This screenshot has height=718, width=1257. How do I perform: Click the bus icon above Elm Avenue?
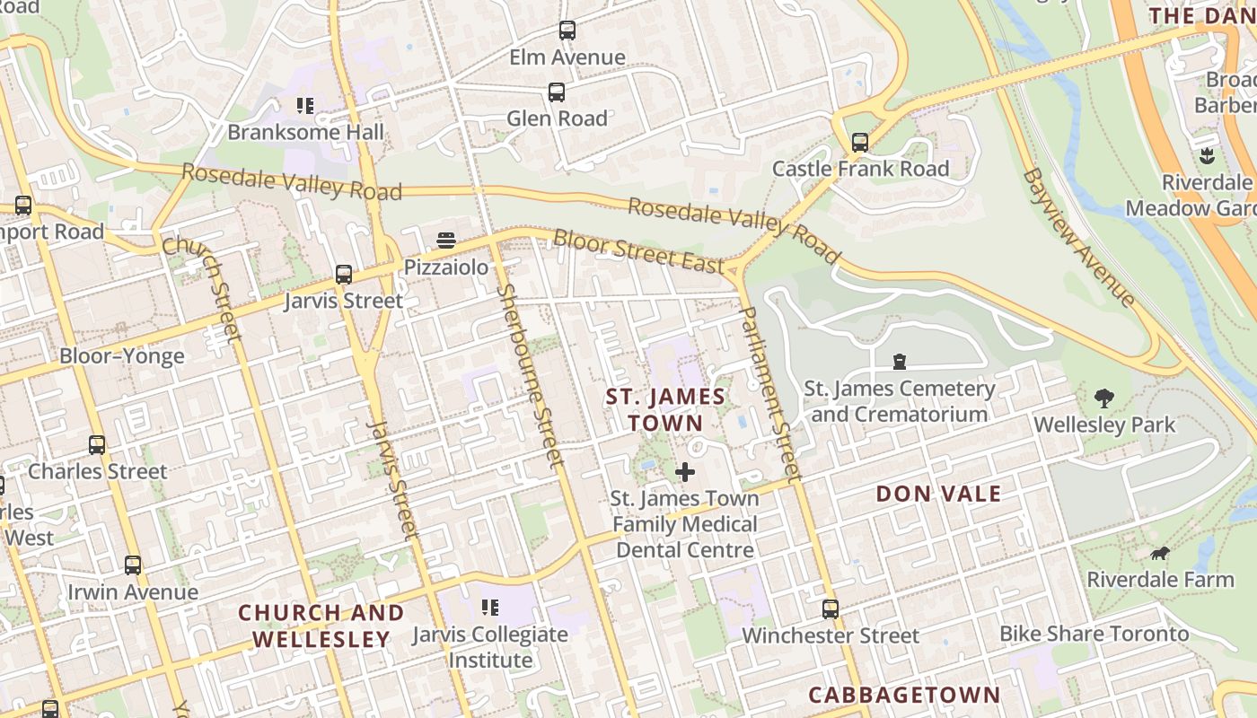tap(567, 31)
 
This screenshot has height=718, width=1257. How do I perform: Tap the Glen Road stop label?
tap(557, 118)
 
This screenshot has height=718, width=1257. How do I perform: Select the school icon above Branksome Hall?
tap(305, 106)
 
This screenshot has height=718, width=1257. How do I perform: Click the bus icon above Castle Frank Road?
tap(860, 142)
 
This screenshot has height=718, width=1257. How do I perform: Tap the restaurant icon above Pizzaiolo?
tap(446, 240)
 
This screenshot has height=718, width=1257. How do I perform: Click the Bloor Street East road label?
tap(638, 252)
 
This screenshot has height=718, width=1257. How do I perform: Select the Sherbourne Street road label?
tap(530, 376)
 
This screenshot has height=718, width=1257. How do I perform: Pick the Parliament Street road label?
tap(769, 393)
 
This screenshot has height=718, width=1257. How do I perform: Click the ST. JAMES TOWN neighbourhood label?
tap(665, 409)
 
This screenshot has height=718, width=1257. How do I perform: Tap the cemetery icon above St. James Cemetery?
tap(900, 362)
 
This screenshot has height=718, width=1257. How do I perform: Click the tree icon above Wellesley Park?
tap(1104, 398)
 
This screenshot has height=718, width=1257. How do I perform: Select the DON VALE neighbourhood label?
tap(938, 494)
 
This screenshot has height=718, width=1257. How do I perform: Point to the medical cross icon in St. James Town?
tap(685, 471)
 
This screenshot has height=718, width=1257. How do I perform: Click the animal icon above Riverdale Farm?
tap(1160, 554)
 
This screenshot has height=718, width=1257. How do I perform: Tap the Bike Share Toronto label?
tap(1094, 634)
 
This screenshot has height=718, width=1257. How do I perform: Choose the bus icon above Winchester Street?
tap(831, 609)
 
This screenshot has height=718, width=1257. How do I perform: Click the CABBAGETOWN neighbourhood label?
tap(904, 695)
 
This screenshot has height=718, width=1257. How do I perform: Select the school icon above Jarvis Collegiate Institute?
tap(490, 608)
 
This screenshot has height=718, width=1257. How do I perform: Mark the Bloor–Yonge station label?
tap(122, 356)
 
